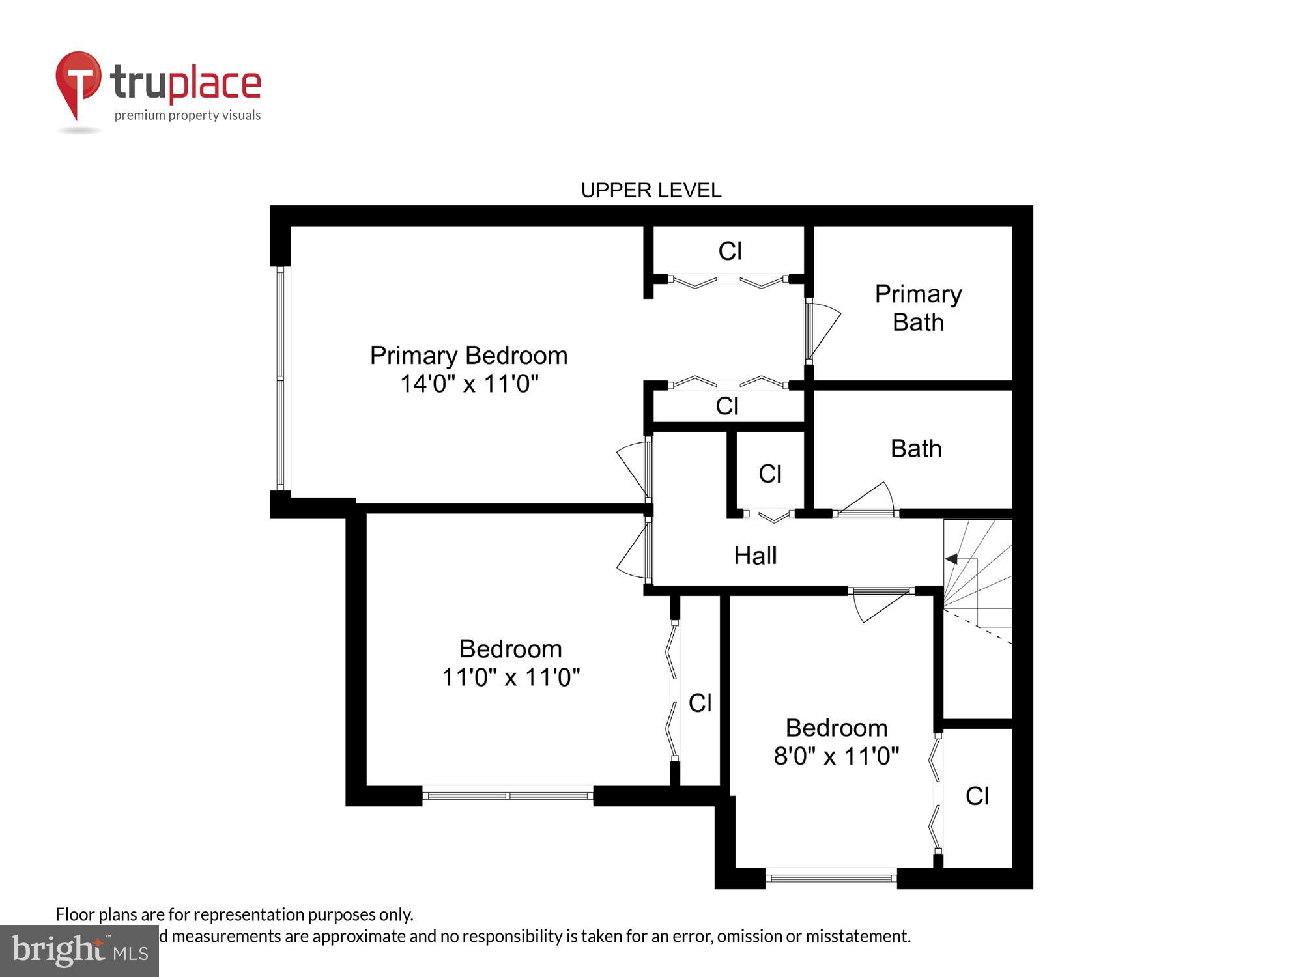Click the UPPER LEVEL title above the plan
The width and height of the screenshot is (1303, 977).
coord(651,190)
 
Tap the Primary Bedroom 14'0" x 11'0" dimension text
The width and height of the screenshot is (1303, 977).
coord(469,384)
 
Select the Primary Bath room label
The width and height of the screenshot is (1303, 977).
coord(917,308)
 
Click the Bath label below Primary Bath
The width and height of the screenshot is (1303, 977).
coord(916,448)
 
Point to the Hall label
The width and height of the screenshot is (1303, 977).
coord(755,556)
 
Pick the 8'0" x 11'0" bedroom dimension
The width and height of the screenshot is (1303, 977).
coord(836,756)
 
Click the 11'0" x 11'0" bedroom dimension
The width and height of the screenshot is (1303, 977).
coord(510,677)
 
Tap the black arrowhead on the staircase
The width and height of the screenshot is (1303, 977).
coord(951,559)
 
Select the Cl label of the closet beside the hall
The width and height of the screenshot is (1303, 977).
coord(769,474)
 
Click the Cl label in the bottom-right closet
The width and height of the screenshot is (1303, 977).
coord(977,796)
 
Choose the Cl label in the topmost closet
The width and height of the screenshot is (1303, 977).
coord(730,251)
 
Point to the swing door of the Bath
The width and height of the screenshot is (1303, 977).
coord(866,501)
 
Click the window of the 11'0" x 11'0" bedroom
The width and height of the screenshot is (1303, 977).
coord(508,795)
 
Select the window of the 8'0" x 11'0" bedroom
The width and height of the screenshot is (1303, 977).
coord(831,878)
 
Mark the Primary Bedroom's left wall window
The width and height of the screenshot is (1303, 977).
coord(281,378)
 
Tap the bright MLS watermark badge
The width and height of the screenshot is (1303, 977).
coord(79,951)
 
